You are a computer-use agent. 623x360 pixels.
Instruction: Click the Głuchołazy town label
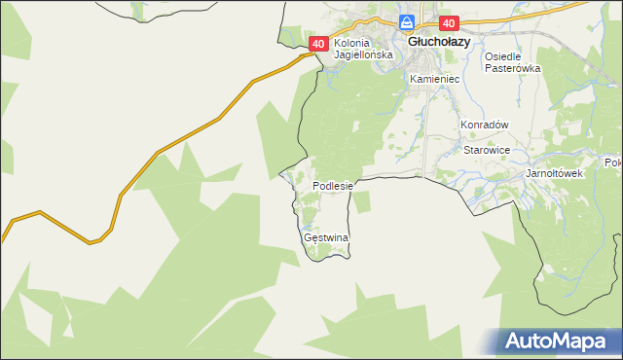(x=439, y=43)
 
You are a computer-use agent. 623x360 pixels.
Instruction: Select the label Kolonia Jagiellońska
(x=363, y=50)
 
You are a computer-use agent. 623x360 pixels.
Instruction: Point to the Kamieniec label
(x=433, y=78)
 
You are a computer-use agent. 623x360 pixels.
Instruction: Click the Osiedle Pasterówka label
(x=512, y=62)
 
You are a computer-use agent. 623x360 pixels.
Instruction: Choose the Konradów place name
(x=485, y=125)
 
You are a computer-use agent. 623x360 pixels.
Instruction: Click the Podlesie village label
(x=336, y=185)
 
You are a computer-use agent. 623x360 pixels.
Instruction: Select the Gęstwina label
(x=326, y=237)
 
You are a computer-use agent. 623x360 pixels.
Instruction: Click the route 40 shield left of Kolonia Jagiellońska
(x=318, y=44)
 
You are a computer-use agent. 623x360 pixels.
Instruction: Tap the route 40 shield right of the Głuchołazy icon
(x=448, y=23)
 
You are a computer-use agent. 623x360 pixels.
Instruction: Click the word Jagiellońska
(x=363, y=55)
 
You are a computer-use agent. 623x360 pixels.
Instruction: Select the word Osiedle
(x=505, y=56)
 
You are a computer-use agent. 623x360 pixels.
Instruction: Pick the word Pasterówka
(x=512, y=68)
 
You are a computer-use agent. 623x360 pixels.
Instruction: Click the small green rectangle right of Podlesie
(x=361, y=201)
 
